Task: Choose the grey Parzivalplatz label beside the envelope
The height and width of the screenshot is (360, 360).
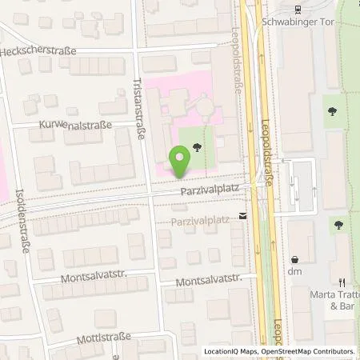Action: pos(200,218)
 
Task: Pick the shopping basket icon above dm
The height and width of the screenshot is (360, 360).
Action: pos(295,259)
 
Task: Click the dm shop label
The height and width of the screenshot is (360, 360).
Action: pos(295,272)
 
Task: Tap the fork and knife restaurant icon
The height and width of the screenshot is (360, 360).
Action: pos(342,282)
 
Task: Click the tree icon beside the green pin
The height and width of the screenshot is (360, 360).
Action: pos(196,146)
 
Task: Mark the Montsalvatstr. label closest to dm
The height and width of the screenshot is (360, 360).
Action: pos(207,282)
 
